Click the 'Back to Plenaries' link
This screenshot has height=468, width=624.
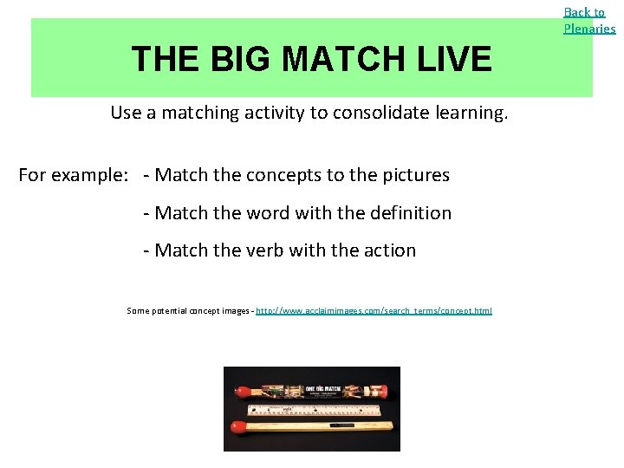click(589, 20)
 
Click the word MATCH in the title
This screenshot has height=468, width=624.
click(348, 60)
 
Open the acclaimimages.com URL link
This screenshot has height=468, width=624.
click(374, 310)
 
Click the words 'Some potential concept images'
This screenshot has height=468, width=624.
click(187, 310)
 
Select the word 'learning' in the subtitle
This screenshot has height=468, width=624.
click(475, 113)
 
